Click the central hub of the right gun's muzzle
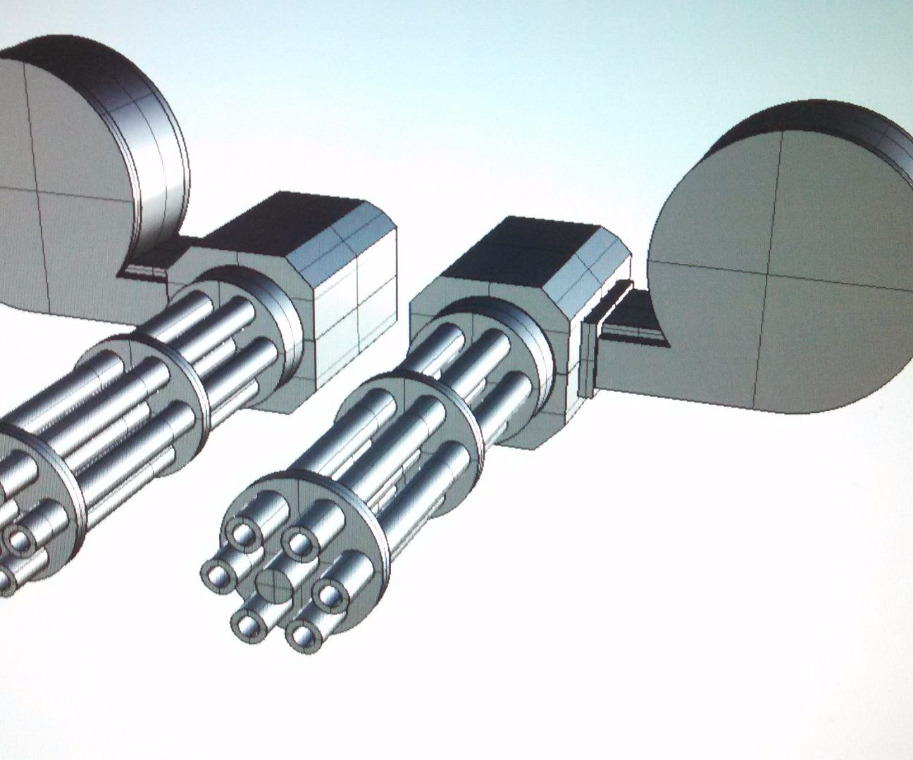click(x=274, y=581)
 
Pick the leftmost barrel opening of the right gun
click(x=216, y=575)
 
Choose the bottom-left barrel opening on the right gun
click(x=246, y=621)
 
